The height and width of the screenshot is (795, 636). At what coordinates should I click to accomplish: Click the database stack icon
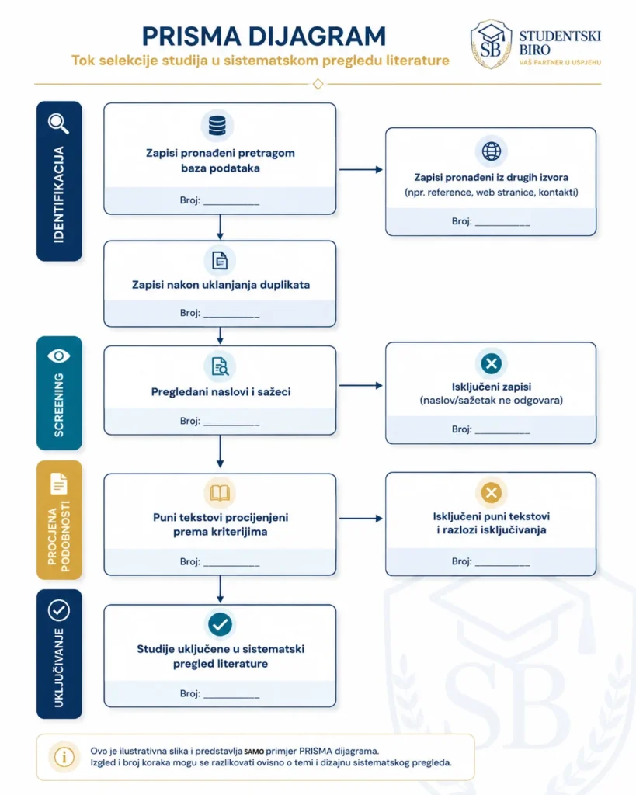click(217, 126)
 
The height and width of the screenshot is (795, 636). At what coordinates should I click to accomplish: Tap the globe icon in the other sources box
click(491, 151)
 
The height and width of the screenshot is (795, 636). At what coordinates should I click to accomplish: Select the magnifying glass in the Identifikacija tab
click(59, 123)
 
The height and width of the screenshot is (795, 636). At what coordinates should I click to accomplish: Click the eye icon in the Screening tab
click(59, 356)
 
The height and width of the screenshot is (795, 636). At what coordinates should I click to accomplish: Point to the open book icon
click(220, 493)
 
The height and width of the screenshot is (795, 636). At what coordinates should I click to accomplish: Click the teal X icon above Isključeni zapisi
click(491, 363)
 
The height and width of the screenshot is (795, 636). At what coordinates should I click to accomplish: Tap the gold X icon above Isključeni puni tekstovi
click(491, 492)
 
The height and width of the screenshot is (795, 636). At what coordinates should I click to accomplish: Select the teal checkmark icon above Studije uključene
click(220, 624)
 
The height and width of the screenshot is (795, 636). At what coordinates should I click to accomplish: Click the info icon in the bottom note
click(64, 757)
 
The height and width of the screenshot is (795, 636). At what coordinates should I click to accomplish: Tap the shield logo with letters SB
click(491, 44)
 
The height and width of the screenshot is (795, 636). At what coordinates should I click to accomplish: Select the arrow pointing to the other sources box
click(360, 169)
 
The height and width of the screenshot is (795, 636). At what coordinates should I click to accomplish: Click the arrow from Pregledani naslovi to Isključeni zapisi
click(360, 385)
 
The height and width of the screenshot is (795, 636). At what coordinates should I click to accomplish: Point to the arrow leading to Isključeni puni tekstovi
click(360, 518)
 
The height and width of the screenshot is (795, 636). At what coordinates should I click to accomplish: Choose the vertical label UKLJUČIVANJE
click(59, 668)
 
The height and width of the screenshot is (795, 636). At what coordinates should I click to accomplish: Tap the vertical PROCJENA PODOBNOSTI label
click(59, 536)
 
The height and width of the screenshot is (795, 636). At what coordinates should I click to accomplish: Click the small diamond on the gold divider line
click(318, 84)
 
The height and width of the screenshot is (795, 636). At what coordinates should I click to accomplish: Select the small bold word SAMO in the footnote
click(254, 752)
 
